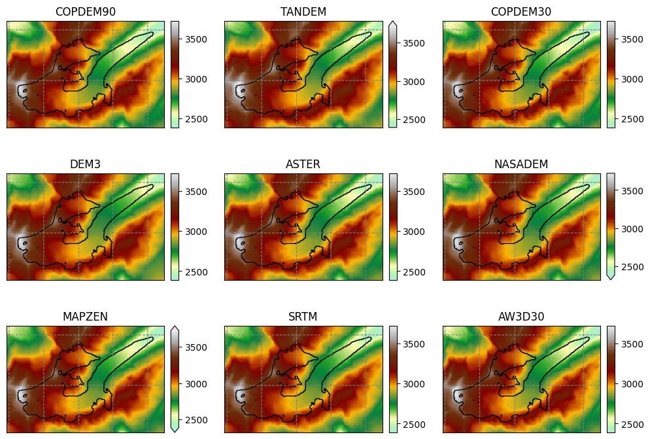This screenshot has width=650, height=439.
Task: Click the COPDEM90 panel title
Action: (x=85, y=12)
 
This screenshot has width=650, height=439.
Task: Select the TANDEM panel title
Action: (x=303, y=12)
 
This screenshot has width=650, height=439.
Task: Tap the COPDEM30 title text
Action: (x=521, y=12)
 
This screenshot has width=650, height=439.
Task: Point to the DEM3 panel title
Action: (x=85, y=164)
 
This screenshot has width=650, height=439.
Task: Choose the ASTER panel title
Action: (x=303, y=164)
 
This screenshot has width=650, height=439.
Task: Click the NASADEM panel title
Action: (x=521, y=164)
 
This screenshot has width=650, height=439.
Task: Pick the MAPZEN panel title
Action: (x=85, y=317)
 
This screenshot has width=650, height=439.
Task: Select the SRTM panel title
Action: (x=303, y=317)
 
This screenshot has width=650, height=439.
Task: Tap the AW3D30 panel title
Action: (x=521, y=317)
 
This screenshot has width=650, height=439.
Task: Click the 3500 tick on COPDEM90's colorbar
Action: (x=194, y=39)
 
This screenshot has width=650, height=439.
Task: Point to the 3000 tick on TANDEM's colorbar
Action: (x=412, y=82)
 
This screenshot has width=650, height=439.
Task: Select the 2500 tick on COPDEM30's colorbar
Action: (x=630, y=119)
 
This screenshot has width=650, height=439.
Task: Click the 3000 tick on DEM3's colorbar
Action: (x=194, y=232)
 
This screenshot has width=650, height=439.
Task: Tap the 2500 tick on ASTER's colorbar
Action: (x=412, y=272)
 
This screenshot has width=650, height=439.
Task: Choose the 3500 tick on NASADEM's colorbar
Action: (x=630, y=191)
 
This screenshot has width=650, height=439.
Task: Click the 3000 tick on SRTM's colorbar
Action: (x=412, y=384)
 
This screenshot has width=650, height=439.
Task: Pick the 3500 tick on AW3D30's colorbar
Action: (x=630, y=343)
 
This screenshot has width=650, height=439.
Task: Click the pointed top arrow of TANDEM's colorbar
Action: (x=392, y=24)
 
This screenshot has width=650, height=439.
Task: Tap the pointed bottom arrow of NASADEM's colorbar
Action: (x=611, y=277)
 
